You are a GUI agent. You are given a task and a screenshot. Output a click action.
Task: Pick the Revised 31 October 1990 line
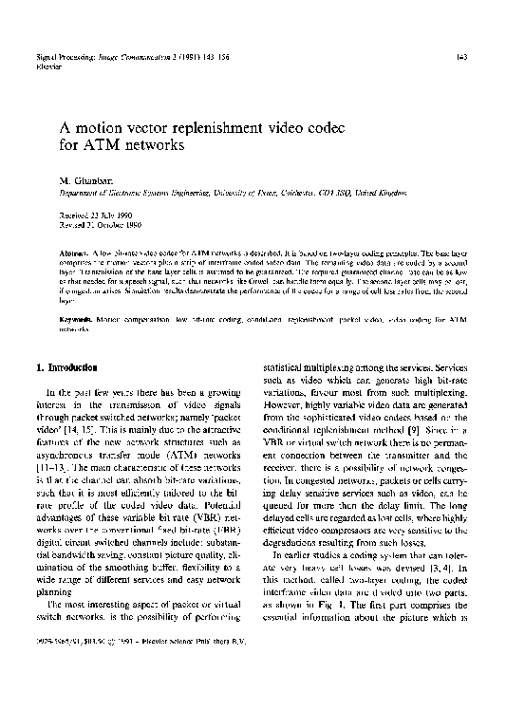(x=99, y=225)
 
